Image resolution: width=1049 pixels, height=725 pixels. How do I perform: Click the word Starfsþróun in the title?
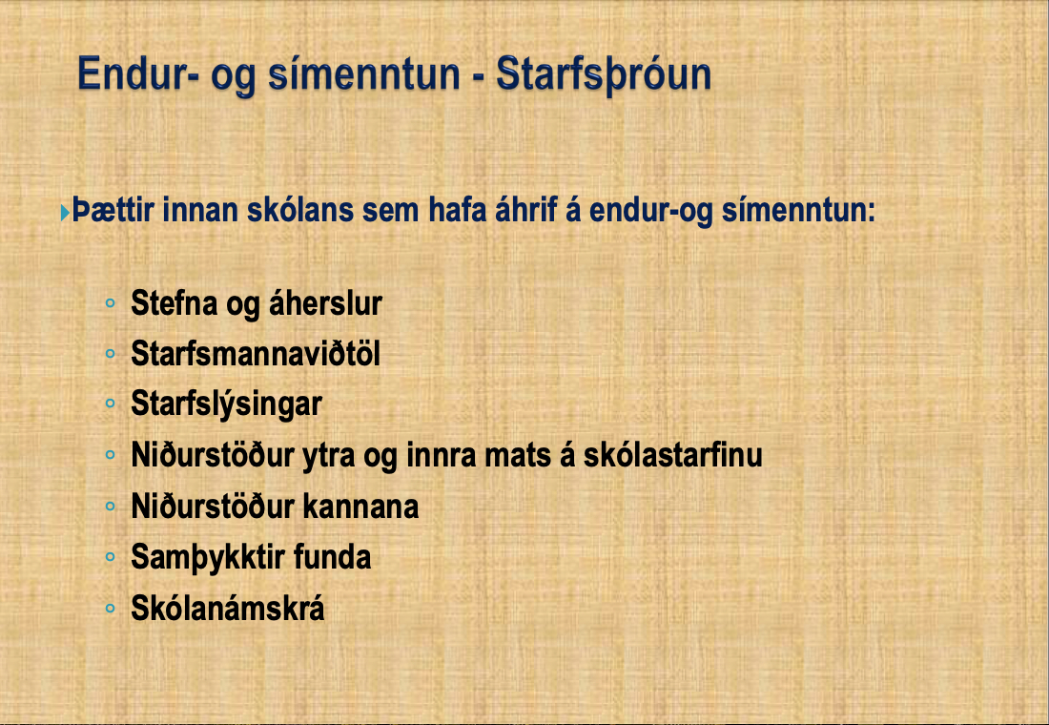point(604,74)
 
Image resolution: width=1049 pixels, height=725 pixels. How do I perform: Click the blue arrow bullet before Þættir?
point(65,213)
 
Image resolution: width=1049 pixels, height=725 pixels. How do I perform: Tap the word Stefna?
point(174,302)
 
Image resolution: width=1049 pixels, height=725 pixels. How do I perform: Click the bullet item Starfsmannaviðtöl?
point(256,354)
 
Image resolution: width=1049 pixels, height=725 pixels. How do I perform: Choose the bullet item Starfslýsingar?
point(226,404)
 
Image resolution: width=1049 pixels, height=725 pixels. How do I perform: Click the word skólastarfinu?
point(672,455)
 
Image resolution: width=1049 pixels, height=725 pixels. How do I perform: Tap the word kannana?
point(361,507)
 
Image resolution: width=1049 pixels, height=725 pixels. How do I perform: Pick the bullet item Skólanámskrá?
point(228,609)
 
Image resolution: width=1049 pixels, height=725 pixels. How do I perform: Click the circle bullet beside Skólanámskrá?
point(111,609)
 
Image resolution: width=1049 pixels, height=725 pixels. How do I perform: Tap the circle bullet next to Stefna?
point(111,302)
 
